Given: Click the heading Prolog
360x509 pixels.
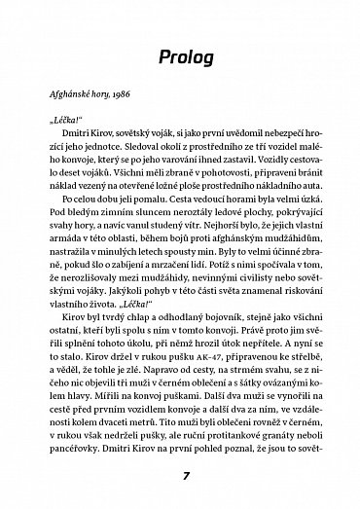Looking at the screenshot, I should (x=180, y=60).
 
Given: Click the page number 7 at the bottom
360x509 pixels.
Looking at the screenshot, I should (x=180, y=478).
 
